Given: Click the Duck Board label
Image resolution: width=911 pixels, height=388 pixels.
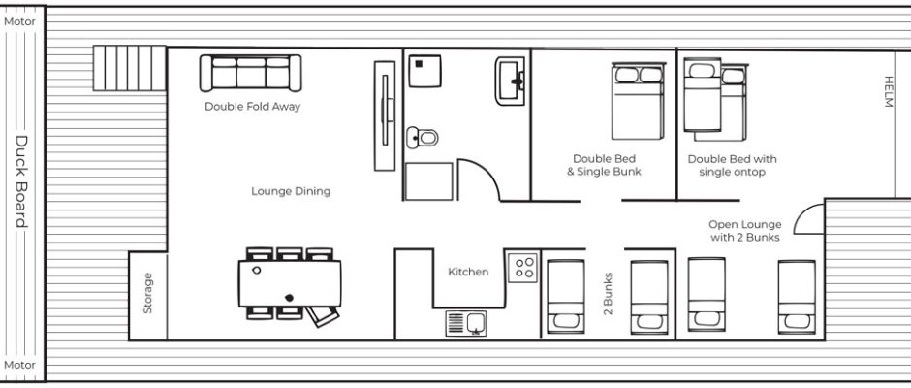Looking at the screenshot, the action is click(21, 181).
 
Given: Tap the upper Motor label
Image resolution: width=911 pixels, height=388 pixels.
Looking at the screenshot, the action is click(19, 21).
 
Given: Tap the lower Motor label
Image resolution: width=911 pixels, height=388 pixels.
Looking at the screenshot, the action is click(19, 365).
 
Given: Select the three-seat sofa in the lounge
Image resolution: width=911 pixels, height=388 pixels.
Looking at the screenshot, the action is click(250, 73).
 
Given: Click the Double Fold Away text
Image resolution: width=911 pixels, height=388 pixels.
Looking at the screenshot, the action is click(252, 107).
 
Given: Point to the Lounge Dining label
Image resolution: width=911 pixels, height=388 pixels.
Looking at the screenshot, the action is click(291, 191).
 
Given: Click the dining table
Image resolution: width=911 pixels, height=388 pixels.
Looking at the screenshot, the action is click(290, 283).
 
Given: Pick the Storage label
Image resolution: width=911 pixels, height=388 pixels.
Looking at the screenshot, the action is click(147, 293).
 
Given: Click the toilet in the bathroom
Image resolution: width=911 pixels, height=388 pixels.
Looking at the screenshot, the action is click(423, 138).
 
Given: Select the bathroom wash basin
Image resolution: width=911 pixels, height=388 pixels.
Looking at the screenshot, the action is click(510, 81).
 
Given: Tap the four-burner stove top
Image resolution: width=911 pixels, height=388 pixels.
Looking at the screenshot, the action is click(523, 267).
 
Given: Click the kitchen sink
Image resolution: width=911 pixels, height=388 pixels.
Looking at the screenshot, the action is click(466, 323).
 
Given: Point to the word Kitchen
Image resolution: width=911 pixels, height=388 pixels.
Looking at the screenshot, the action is click(468, 271).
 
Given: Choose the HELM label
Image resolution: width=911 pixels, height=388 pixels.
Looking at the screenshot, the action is click(888, 91).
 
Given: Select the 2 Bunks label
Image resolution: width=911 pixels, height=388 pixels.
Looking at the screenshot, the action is click(608, 293).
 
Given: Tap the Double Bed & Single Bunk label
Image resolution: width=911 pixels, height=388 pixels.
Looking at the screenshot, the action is click(604, 165).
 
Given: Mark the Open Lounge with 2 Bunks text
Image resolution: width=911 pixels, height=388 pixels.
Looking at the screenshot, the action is click(745, 230).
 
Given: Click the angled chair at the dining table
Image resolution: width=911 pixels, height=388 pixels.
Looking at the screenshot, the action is click(323, 316).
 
